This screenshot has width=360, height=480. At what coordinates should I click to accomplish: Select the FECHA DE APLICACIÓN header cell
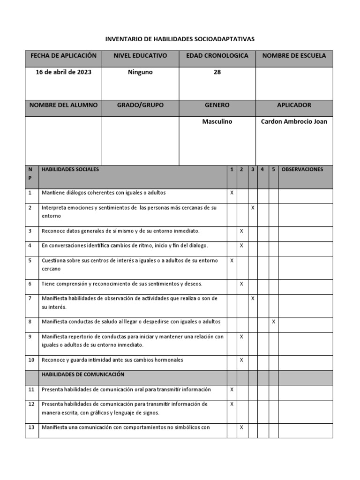(63, 56)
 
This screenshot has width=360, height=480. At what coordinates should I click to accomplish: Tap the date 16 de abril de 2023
(63, 72)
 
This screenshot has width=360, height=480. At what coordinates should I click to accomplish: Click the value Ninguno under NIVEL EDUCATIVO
(140, 72)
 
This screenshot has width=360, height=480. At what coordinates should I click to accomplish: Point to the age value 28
(217, 72)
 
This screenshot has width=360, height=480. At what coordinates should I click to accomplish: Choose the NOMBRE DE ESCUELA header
(294, 56)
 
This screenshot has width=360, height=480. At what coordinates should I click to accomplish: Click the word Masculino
(217, 121)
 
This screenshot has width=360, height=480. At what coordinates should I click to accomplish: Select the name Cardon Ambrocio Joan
(294, 121)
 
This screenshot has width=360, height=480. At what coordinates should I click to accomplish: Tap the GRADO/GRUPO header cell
(140, 105)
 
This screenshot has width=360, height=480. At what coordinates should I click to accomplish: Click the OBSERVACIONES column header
(302, 170)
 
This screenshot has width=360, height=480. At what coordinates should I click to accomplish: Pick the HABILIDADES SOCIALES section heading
(70, 170)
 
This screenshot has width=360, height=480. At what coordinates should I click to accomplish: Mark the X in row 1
(232, 193)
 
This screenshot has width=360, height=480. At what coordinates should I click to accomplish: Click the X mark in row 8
(274, 322)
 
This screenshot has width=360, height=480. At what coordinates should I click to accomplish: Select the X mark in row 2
(253, 207)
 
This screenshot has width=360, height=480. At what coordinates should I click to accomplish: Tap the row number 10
(30, 360)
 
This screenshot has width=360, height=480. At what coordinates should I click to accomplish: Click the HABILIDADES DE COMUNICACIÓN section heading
(82, 375)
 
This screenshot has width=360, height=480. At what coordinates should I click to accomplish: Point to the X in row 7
(253, 298)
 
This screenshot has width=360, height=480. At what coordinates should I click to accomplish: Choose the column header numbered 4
(262, 170)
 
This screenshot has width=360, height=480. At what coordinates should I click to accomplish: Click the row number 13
(31, 427)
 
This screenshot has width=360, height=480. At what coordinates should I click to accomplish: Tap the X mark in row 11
(232, 390)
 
